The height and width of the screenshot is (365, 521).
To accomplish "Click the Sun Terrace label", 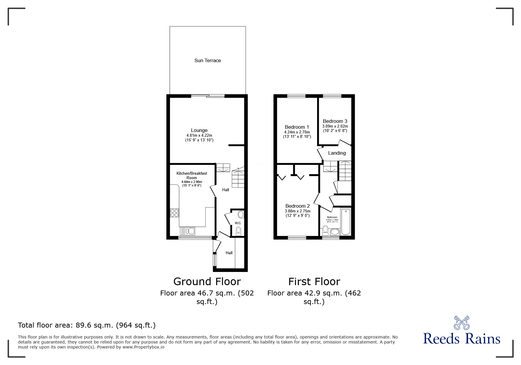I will [x=207, y=60].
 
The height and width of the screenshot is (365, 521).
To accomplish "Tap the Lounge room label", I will [x=199, y=130].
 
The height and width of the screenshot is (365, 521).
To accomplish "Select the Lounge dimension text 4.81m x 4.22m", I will [x=199, y=136].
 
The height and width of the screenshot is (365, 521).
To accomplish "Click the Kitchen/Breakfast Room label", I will [x=192, y=175].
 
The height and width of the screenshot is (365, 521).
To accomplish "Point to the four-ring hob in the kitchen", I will [x=174, y=213].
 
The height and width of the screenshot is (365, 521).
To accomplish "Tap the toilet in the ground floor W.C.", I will [x=238, y=230].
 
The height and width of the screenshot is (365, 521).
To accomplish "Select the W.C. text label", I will [x=238, y=223].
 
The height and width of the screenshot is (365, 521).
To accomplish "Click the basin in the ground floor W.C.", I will [x=241, y=214].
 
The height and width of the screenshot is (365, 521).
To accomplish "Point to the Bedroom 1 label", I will [x=297, y=127].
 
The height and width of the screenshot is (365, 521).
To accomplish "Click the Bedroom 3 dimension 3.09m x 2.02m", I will [x=335, y=126].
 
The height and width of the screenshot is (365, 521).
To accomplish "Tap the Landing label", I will [x=337, y=153].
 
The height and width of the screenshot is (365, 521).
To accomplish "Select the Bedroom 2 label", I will [x=297, y=206].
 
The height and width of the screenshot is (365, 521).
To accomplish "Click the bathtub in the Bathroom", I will [x=346, y=222].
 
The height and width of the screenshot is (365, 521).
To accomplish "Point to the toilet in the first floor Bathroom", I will [x=325, y=229].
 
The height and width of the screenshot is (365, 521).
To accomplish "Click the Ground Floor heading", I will [x=207, y=281].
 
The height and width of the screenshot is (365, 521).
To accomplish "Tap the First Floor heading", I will [x=314, y=281].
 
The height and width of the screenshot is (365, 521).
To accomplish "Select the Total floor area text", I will [x=86, y=325].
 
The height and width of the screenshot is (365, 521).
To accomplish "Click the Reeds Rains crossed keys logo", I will [x=461, y=323].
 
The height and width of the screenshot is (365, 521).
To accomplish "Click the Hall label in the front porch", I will [x=229, y=253].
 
